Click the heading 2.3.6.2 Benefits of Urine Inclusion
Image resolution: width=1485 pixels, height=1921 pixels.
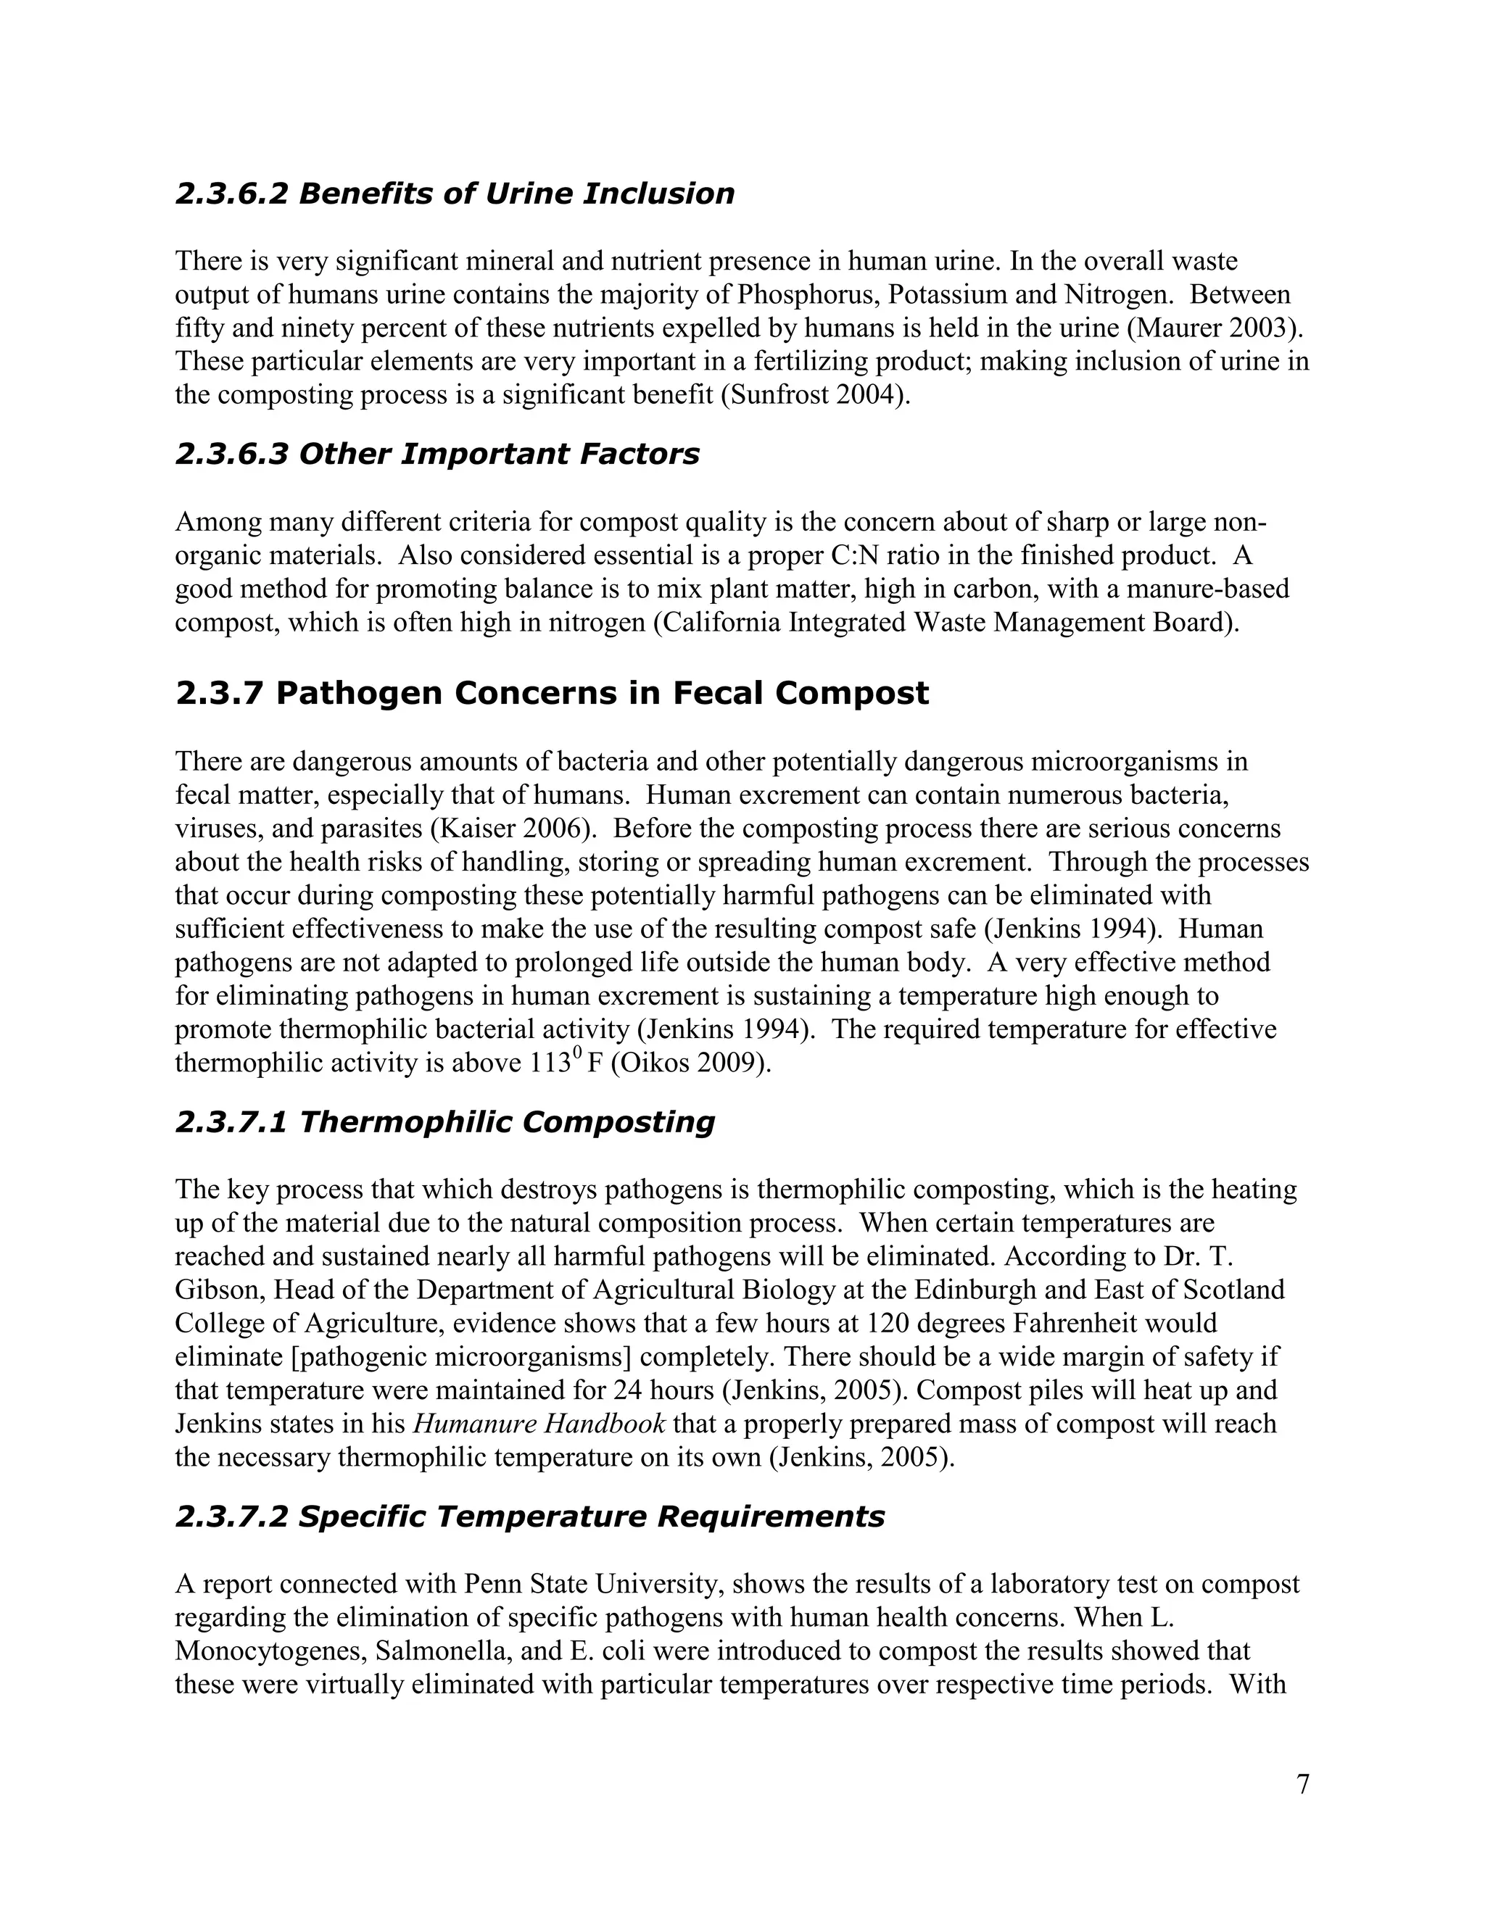(454, 194)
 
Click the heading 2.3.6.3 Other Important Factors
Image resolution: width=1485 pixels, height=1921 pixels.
(437, 454)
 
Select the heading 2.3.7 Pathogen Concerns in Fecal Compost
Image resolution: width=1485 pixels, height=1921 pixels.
(552, 693)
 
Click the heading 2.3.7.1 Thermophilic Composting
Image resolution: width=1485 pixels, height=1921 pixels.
(444, 1122)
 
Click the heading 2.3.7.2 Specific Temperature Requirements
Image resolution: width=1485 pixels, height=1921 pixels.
(529, 1517)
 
